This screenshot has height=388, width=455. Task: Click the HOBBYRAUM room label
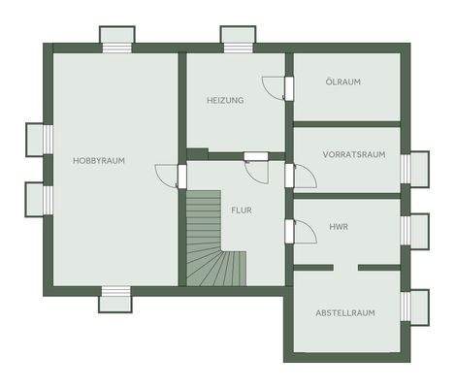99,160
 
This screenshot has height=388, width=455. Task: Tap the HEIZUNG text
225,101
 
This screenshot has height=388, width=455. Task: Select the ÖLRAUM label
342,82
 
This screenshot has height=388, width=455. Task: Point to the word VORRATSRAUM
354,154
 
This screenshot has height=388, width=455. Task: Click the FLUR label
241,210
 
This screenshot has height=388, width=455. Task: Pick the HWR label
339,228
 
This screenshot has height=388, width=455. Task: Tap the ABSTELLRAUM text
344,312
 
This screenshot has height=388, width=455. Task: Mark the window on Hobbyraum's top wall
115,39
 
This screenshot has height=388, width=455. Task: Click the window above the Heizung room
236,39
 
